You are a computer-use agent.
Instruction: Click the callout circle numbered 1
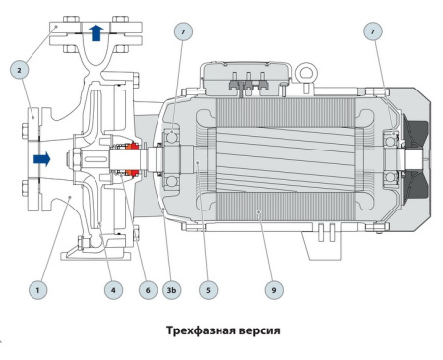tap(38, 290)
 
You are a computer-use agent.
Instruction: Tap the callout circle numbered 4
tap(114, 290)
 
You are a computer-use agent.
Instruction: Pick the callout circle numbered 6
tap(149, 290)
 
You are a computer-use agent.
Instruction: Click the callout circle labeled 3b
tap(174, 290)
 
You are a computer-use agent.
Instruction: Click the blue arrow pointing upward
tap(95, 32)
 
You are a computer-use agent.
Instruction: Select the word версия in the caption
tap(260, 330)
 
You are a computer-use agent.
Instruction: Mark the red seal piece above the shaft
tap(128, 141)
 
